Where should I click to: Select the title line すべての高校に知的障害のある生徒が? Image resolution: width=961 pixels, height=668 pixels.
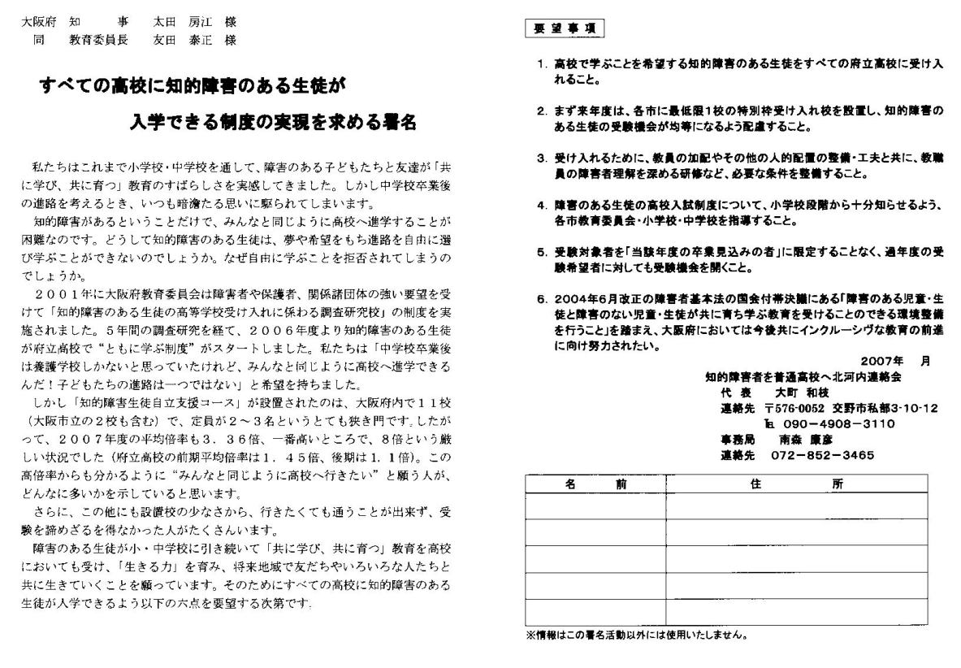coord(193,85)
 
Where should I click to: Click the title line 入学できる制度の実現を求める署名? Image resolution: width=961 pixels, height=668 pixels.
coord(272,122)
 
